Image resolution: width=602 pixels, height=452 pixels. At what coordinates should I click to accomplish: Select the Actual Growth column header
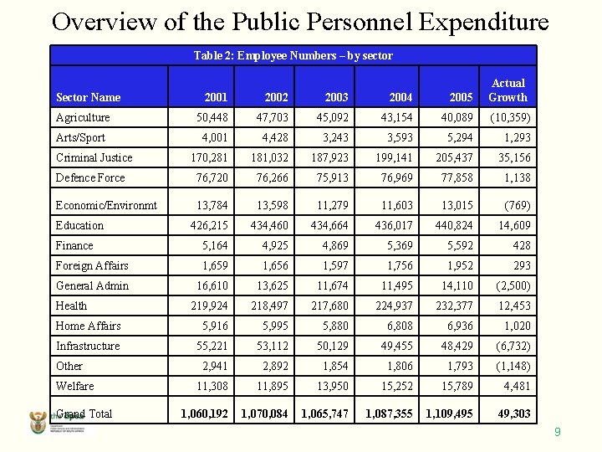[x=508, y=90]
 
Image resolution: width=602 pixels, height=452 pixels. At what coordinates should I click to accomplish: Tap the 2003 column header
[x=336, y=97]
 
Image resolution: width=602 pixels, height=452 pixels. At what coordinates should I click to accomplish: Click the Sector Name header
[x=88, y=97]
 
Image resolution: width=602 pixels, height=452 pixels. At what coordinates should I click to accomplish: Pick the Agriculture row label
[x=83, y=117]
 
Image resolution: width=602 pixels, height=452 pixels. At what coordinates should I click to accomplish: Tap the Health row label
[x=71, y=306]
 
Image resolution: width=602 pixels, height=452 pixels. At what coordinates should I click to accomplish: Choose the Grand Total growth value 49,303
[x=513, y=413]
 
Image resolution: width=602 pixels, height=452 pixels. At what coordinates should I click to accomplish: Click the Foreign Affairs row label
[x=92, y=265]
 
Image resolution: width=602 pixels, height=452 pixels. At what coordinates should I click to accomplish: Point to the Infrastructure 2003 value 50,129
[x=331, y=346]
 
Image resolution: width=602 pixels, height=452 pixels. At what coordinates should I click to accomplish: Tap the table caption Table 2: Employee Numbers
[x=293, y=55]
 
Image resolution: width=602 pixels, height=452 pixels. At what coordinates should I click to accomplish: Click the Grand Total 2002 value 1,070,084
[x=264, y=413]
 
